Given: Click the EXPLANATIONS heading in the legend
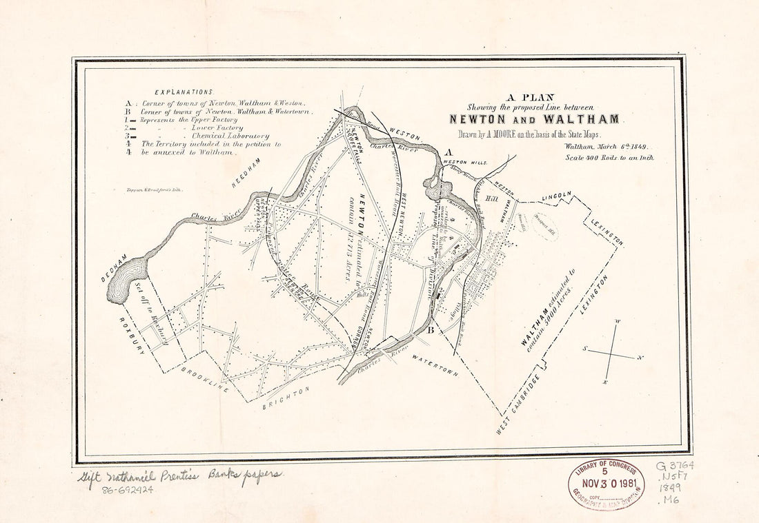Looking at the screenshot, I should pos(184,92).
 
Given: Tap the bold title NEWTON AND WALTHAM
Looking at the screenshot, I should pos(533,119).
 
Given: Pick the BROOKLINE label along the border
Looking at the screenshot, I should pos(205,379).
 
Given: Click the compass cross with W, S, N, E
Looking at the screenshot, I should pos(611,353).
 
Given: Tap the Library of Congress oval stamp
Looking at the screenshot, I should pos(606,484).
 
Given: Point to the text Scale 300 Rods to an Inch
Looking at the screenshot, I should pos(609,158).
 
